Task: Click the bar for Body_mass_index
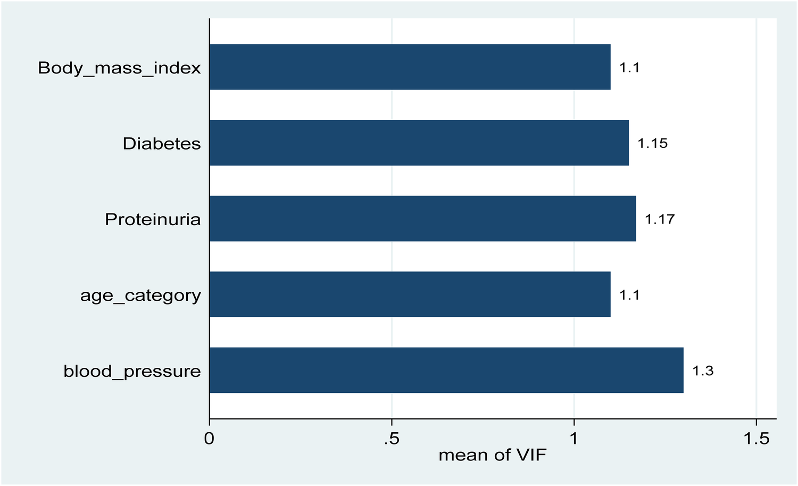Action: [410, 67]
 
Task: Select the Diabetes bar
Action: [419, 143]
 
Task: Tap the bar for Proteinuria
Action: [422, 218]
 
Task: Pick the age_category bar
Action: [410, 294]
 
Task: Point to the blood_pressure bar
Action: [446, 370]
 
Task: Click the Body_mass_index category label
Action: [120, 69]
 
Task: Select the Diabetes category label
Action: [162, 144]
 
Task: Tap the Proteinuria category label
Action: [153, 219]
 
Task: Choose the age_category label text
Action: [140, 296]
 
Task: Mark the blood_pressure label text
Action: [132, 372]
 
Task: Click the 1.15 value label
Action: [652, 143]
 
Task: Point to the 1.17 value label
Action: [660, 219]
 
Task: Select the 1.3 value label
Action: [702, 370]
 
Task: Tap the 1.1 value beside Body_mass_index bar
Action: [629, 68]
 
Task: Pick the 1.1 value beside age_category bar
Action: [629, 295]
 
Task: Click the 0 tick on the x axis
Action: [210, 439]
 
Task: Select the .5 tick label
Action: [391, 439]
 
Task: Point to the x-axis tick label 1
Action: [573, 439]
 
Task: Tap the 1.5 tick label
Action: [756, 439]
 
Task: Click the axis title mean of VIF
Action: [492, 456]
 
